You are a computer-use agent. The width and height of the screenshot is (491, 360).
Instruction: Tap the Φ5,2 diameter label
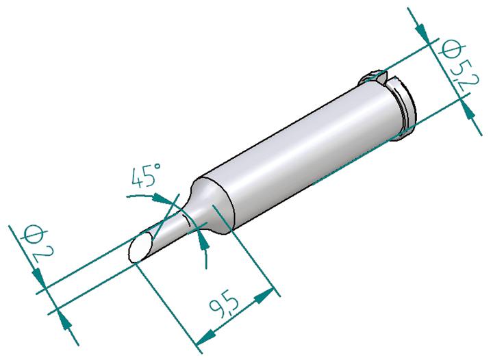tap(459, 65)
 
